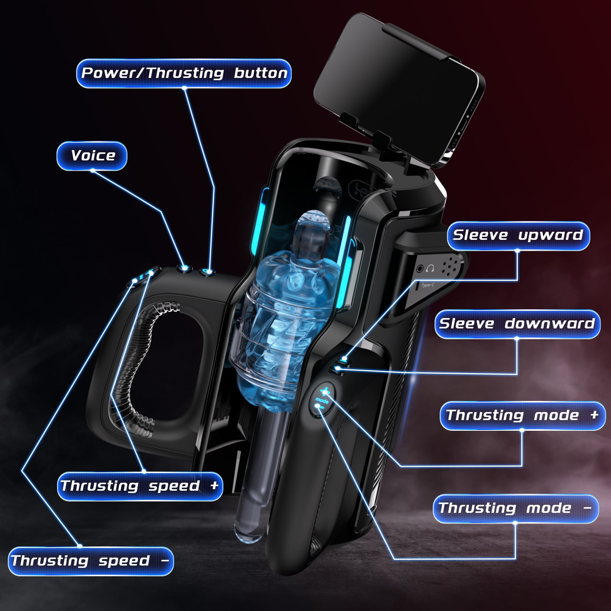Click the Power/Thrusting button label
pos(184,73)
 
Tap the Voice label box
pos(92,156)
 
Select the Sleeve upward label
pos(518,236)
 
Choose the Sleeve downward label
pos(517,324)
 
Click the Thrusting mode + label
pos(522,415)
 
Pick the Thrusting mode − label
pos(516,509)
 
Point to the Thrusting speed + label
pos(140,486)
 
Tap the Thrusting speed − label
pos(91,561)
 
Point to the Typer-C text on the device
pos(428,285)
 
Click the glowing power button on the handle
pos(208,272)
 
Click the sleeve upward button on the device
pos(344,359)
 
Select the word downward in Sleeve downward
pos(550,324)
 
